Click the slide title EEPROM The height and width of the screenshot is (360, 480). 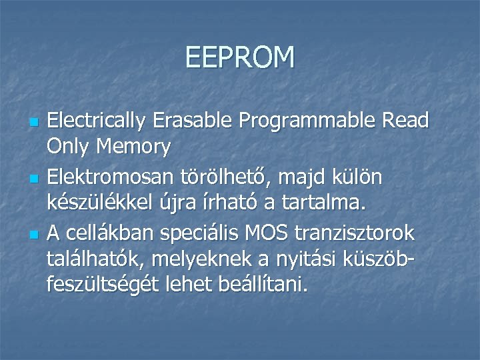point(240,57)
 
